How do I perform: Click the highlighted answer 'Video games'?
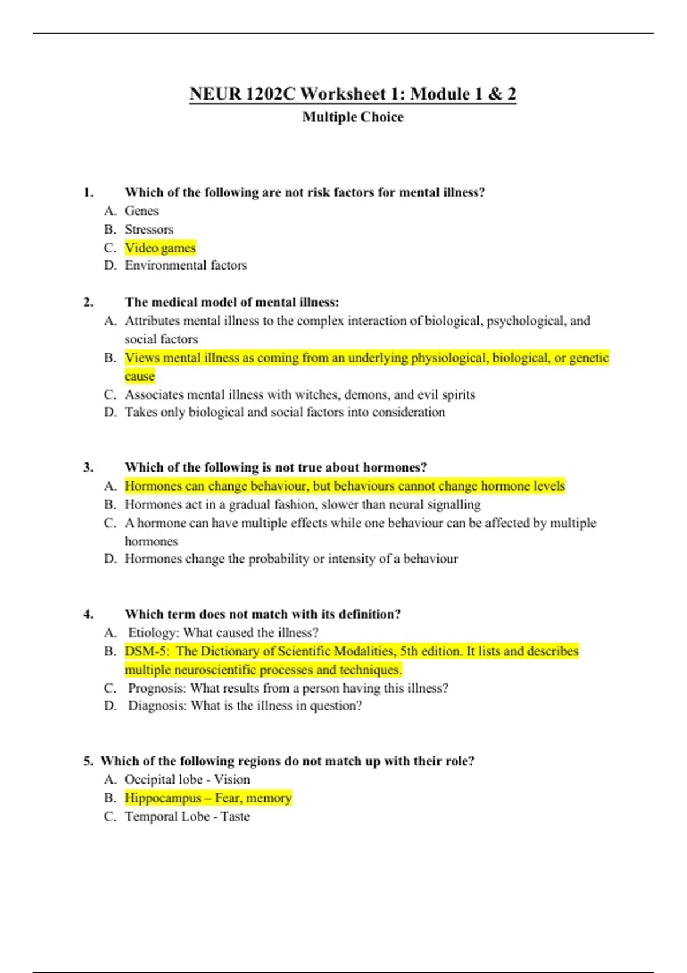pyautogui.click(x=160, y=248)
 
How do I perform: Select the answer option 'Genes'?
pyautogui.click(x=141, y=211)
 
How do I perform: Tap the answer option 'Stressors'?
pyautogui.click(x=149, y=230)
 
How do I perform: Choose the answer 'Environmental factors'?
pyautogui.click(x=186, y=266)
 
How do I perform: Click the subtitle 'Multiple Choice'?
pyautogui.click(x=353, y=117)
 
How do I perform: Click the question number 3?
pyautogui.click(x=88, y=468)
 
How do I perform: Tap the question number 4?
pyautogui.click(x=88, y=614)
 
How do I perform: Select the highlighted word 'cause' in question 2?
pyautogui.click(x=140, y=377)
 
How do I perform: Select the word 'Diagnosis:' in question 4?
pyautogui.click(x=157, y=706)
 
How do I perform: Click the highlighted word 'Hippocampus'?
pyautogui.click(x=163, y=798)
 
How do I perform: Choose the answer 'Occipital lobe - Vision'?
pyautogui.click(x=187, y=780)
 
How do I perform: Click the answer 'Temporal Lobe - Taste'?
pyautogui.click(x=187, y=817)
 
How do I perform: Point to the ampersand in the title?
pyautogui.click(x=495, y=94)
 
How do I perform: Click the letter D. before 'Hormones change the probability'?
pyautogui.click(x=110, y=559)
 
